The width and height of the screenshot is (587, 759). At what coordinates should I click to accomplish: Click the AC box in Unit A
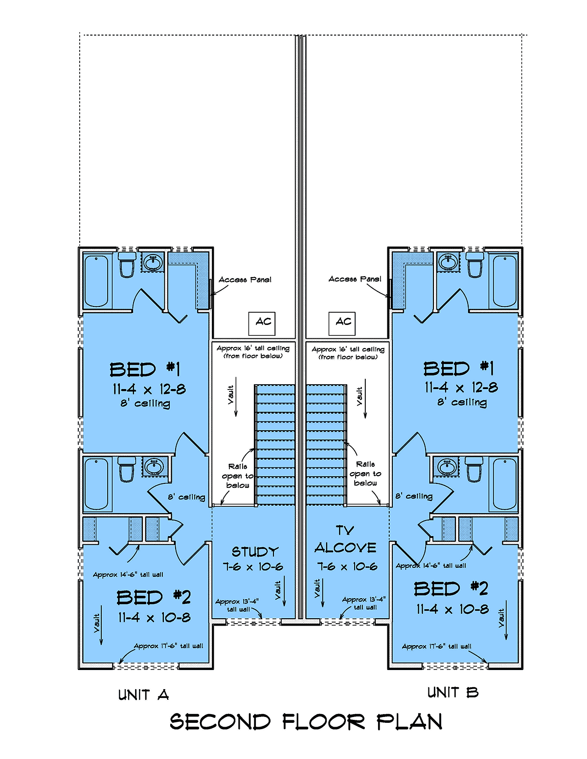(x=262, y=324)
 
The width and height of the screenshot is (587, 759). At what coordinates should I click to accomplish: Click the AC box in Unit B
(x=341, y=324)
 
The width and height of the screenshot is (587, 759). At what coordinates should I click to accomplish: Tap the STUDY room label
(x=255, y=552)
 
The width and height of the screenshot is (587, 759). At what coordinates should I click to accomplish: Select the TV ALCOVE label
(x=345, y=540)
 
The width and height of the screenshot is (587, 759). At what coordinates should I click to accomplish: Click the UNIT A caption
(x=143, y=694)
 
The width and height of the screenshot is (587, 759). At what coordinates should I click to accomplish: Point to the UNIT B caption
(x=453, y=692)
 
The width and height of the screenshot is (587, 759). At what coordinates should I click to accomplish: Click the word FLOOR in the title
(x=323, y=722)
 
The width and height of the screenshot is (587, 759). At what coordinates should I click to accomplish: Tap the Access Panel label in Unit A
(x=245, y=280)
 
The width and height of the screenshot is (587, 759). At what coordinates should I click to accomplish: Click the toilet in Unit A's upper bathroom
(x=127, y=264)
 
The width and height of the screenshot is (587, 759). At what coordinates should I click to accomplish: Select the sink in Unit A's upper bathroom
(x=153, y=262)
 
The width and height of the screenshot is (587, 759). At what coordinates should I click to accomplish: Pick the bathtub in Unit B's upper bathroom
(x=504, y=281)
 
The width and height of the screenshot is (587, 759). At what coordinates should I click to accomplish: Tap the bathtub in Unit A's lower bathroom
(x=96, y=484)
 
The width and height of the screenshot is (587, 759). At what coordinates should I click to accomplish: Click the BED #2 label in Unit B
(x=451, y=588)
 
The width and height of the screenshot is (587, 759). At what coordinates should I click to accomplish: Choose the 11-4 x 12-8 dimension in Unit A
(x=149, y=389)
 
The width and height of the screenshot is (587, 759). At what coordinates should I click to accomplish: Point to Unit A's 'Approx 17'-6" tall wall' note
(x=168, y=646)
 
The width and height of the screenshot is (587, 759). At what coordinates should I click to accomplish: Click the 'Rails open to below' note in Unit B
(x=365, y=473)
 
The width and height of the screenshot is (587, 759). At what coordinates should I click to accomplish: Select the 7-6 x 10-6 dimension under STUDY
(x=253, y=566)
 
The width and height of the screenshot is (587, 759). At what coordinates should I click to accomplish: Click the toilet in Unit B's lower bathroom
(x=474, y=469)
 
